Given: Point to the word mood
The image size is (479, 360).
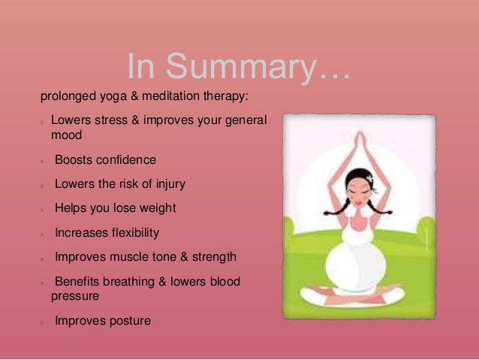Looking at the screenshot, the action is [x=66, y=135].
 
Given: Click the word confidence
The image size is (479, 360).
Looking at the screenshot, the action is [x=126, y=159].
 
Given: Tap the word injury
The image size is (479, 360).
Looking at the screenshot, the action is [x=170, y=184].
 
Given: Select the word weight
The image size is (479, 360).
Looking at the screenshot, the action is [x=158, y=209].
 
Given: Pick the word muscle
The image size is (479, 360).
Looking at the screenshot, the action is [x=126, y=257].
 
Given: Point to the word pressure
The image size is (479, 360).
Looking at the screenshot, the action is [x=75, y=297].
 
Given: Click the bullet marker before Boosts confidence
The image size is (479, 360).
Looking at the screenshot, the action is [x=42, y=162].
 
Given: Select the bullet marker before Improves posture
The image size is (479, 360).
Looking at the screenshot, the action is [x=42, y=322].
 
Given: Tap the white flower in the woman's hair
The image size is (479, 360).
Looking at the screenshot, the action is [x=371, y=177].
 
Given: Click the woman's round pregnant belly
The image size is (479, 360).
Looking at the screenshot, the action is [x=356, y=265].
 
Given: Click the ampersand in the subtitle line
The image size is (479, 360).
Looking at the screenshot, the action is [x=134, y=96].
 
